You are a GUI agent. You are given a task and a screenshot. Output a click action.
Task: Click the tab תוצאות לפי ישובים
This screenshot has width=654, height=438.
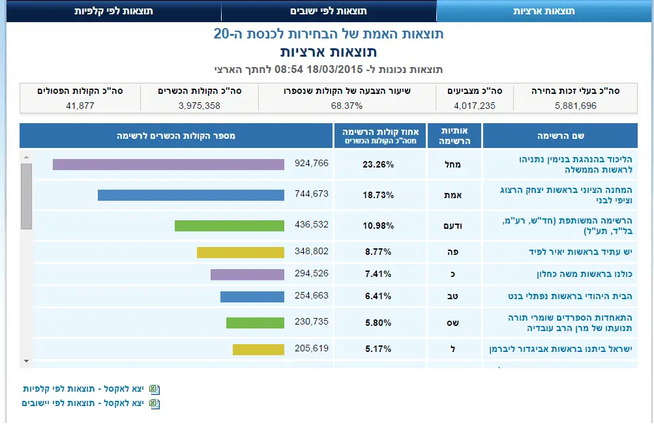point(328,11)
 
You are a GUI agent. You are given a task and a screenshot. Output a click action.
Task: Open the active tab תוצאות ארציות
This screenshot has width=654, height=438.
point(544,11)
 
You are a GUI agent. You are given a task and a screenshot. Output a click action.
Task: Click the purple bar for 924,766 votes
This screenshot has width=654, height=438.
point(168,164)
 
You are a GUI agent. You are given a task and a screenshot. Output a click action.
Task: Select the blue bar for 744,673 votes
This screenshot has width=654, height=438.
point(191,195)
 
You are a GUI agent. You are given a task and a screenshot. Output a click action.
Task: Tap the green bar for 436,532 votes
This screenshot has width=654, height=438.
point(230,226)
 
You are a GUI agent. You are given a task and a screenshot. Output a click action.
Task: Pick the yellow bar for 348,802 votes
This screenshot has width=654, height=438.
point(241,252)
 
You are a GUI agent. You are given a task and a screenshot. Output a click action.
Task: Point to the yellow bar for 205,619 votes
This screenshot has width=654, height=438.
point(258,349)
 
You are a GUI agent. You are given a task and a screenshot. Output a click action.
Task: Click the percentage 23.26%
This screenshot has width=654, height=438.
point(378,165)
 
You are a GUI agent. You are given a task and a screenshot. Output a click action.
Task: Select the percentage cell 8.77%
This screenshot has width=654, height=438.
point(378,252)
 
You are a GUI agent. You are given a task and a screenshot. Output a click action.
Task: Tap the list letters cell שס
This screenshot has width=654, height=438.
point(455,323)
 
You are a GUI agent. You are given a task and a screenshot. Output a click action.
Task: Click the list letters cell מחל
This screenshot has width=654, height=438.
point(454,165)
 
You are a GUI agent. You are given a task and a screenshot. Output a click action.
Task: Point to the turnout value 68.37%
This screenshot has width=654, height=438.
point(347,106)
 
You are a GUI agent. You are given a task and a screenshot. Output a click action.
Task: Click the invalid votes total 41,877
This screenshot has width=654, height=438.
point(80,106)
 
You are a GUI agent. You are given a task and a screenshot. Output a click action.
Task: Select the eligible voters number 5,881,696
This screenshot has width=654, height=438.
point(576,106)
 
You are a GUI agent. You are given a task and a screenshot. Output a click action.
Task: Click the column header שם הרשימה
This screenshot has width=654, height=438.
point(560,136)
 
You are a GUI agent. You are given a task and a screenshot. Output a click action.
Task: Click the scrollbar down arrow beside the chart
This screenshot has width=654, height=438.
point(26,360)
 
